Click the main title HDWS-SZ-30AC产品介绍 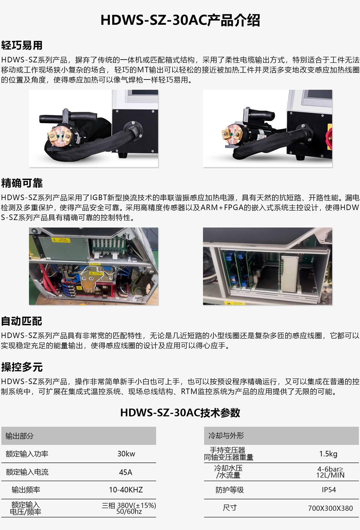[180, 20]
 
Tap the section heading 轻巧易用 [22, 45]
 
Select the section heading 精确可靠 [22, 183]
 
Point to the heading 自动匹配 [22, 321]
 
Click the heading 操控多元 [22, 367]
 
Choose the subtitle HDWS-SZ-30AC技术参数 [180, 413]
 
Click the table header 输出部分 [19, 436]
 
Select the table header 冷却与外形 [226, 436]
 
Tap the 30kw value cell [126, 454]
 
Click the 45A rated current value [126, 472]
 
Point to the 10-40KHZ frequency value [126, 490]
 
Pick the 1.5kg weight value [328, 454]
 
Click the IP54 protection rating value [329, 490]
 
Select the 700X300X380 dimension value [330, 508]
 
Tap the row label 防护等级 [230, 490]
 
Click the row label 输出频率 [26, 490]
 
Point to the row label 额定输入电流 [27, 472]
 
